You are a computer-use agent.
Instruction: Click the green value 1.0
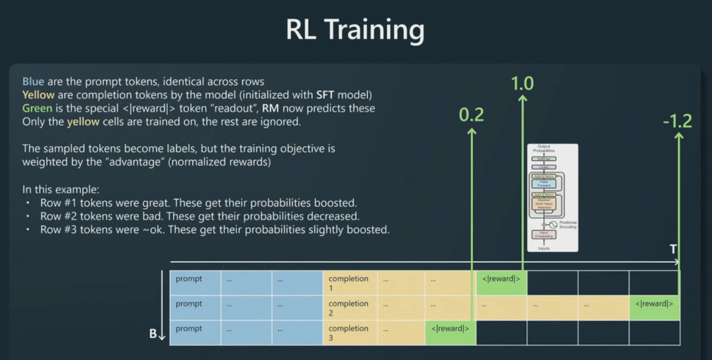[522, 84]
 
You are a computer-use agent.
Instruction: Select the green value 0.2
[471, 115]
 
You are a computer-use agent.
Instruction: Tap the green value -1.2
[677, 121]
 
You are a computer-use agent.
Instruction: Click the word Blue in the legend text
[33, 82]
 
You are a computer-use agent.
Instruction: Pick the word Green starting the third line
[37, 108]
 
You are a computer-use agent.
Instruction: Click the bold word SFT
[325, 94]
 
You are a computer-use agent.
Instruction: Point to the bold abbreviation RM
[271, 108]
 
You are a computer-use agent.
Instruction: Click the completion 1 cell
[349, 282]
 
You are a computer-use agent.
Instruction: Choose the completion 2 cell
[349, 307]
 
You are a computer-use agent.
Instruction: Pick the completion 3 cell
[349, 332]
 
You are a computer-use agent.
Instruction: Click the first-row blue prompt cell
[195, 282]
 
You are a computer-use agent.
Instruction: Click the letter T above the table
[673, 249]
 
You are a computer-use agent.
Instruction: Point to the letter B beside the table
[153, 334]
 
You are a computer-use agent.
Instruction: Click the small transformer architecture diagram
[552, 197]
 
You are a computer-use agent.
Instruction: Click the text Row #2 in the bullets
[55, 216]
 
